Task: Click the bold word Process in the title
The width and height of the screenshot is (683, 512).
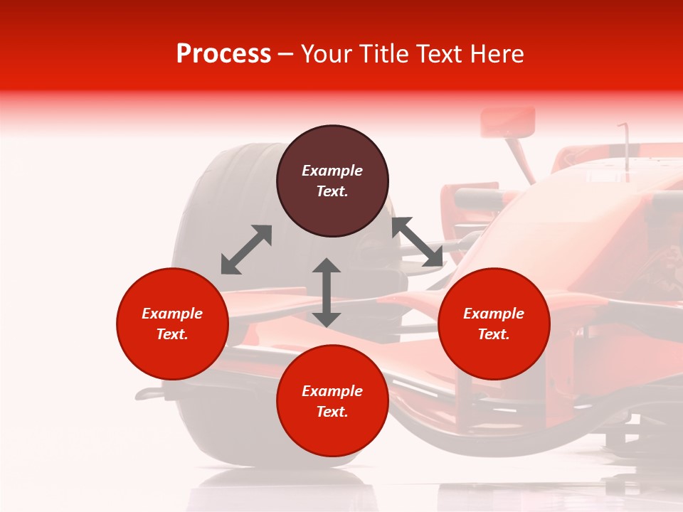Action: (223, 54)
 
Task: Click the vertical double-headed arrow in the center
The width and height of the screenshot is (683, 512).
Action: (327, 292)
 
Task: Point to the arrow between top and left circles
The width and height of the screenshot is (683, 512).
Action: (246, 250)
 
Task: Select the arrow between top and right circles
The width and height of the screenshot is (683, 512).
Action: (417, 242)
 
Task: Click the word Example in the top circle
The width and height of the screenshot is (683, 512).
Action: (332, 171)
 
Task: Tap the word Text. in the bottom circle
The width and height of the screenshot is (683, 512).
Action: (332, 412)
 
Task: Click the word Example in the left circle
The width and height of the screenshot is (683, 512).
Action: (172, 314)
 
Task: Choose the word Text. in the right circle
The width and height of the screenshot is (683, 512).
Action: (494, 334)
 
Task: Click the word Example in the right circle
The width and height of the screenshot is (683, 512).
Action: (494, 314)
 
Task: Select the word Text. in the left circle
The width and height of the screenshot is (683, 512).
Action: (172, 334)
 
